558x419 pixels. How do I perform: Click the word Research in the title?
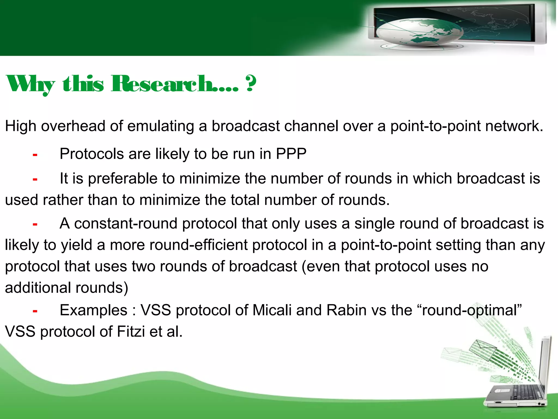174,84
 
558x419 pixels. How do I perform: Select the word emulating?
160,126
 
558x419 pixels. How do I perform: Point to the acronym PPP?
291,154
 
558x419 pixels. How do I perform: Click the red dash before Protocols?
35,155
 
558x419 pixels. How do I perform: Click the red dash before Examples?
35,311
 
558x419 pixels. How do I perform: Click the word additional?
38,288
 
